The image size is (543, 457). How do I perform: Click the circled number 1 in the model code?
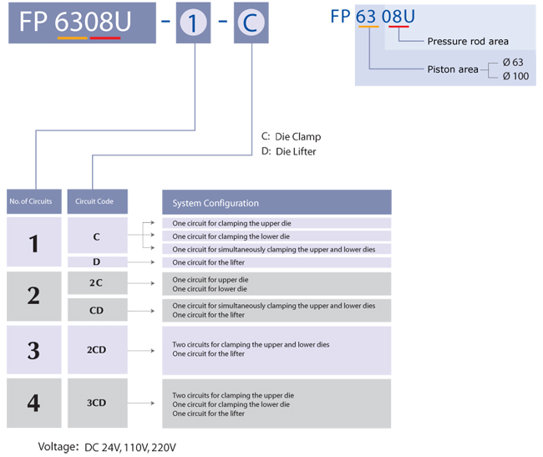pyautogui.click(x=194, y=23)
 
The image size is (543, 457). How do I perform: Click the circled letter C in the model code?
pyautogui.click(x=251, y=23)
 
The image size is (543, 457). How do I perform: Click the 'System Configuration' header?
pyautogui.click(x=276, y=202)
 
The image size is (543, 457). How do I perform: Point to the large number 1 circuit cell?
pyautogui.click(x=33, y=243)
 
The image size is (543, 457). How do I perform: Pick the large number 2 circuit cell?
pyautogui.click(x=33, y=295)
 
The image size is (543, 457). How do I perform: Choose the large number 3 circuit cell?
pyautogui.click(x=33, y=349)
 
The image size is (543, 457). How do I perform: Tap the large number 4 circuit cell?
pyautogui.click(x=33, y=403)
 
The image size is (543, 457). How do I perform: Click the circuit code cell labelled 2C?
pyautogui.click(x=96, y=283)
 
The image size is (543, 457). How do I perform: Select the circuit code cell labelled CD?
pyautogui.click(x=96, y=310)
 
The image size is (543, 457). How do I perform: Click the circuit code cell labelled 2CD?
pyautogui.click(x=96, y=349)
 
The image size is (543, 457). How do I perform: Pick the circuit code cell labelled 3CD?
pyautogui.click(x=96, y=403)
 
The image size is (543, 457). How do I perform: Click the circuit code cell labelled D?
pyautogui.click(x=96, y=262)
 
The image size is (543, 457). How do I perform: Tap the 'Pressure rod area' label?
pyautogui.click(x=467, y=41)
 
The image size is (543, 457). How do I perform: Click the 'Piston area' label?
pyautogui.click(x=452, y=69)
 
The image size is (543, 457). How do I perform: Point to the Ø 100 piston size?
pyautogui.click(x=515, y=77)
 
